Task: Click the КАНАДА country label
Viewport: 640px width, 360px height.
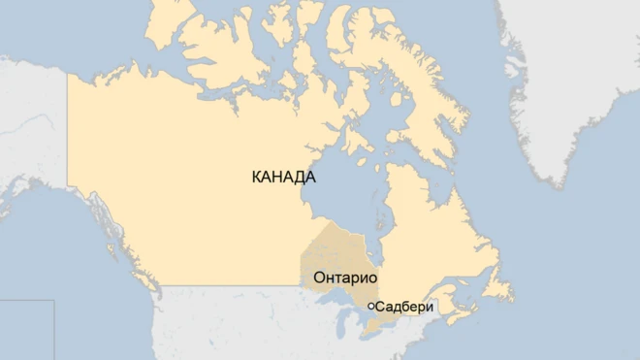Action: [x=282, y=178]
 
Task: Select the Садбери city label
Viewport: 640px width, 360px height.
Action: [x=404, y=307]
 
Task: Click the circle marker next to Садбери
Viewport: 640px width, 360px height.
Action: [x=370, y=306]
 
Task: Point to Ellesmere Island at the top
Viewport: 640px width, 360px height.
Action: [x=368, y=29]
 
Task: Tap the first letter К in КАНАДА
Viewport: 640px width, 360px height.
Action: [x=256, y=178]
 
